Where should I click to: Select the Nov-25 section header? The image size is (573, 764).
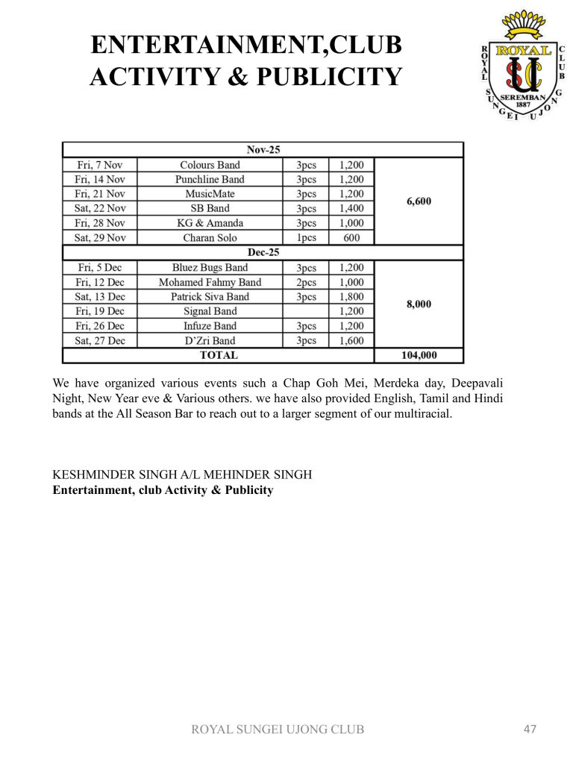(263, 149)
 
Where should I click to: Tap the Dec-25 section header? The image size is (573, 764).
(263, 253)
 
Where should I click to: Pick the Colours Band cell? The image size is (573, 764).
(210, 165)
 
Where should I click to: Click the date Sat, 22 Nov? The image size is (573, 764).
(100, 209)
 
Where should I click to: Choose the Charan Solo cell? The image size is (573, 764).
(210, 238)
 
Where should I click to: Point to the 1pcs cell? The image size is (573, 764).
(306, 238)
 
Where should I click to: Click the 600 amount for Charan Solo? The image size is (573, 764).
(351, 238)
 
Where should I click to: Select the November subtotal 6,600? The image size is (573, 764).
(419, 201)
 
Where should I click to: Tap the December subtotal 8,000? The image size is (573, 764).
(419, 304)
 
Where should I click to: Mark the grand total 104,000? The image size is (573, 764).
(419, 356)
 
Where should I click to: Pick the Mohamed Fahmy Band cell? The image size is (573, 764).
(210, 282)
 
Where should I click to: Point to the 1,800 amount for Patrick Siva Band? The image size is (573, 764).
(351, 296)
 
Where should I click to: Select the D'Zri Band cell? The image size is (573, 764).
(210, 340)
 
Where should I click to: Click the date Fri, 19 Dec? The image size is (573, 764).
(100, 311)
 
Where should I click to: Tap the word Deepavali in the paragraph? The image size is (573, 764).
(475, 384)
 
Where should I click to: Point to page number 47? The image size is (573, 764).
(530, 729)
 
